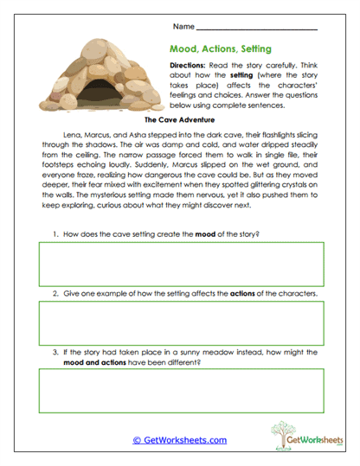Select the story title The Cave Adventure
(x=180, y=121)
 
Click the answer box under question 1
(x=180, y=265)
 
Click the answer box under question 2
(x=180, y=324)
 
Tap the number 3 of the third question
(x=55, y=352)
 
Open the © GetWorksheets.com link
(x=179, y=440)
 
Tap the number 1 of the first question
(x=55, y=234)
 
